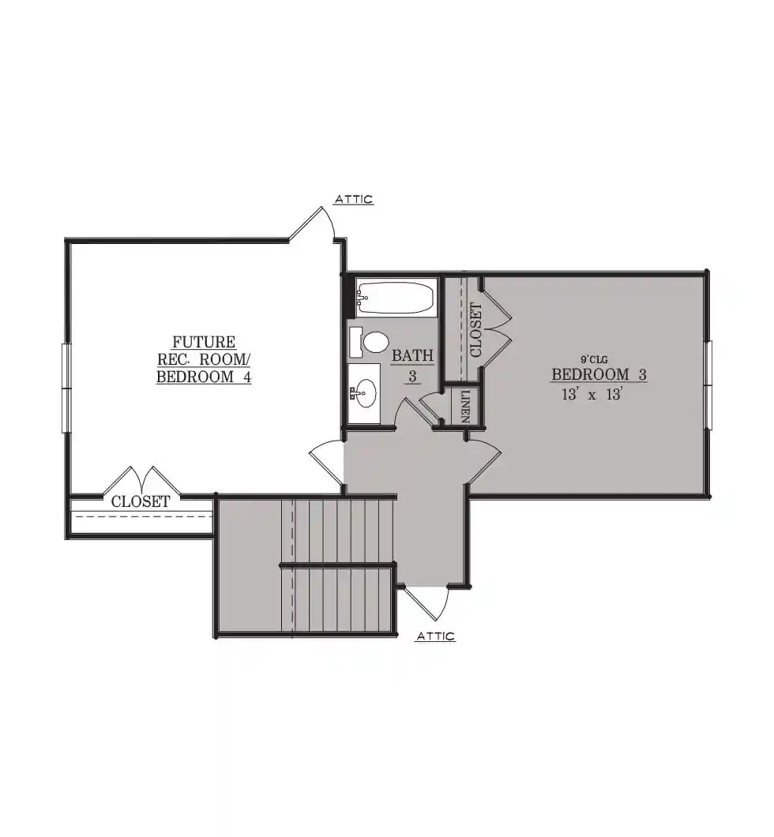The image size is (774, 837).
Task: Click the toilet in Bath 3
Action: click(x=370, y=342)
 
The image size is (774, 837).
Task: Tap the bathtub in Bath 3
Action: click(x=396, y=298)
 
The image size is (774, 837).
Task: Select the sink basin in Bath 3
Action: click(x=366, y=393)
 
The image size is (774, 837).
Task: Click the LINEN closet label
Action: click(x=465, y=406)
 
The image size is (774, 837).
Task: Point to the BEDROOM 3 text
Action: click(x=599, y=374)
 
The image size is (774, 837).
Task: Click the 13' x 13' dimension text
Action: click(x=592, y=395)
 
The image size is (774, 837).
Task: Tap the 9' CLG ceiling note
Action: click(x=594, y=360)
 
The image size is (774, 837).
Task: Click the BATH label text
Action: click(x=412, y=355)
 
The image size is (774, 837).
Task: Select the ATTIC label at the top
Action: click(x=353, y=200)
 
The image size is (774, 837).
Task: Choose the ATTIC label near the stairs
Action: click(x=436, y=636)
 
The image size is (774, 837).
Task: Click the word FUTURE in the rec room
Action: click(x=204, y=342)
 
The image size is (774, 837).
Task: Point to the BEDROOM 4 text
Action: click(x=204, y=377)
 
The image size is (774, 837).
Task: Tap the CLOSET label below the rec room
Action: click(x=141, y=501)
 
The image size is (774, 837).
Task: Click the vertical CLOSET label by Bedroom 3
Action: click(x=475, y=330)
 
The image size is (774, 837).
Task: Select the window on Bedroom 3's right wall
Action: click(x=708, y=385)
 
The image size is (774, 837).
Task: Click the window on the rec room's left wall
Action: click(x=66, y=388)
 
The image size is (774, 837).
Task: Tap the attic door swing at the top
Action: click(x=315, y=223)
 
